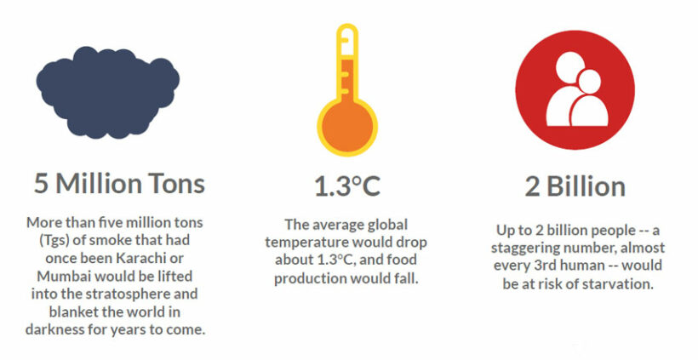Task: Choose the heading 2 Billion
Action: tap(575, 186)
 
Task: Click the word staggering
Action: tap(530, 249)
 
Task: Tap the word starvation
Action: tap(616, 284)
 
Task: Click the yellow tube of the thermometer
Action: tap(346, 64)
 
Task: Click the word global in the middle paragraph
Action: tap(385, 225)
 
